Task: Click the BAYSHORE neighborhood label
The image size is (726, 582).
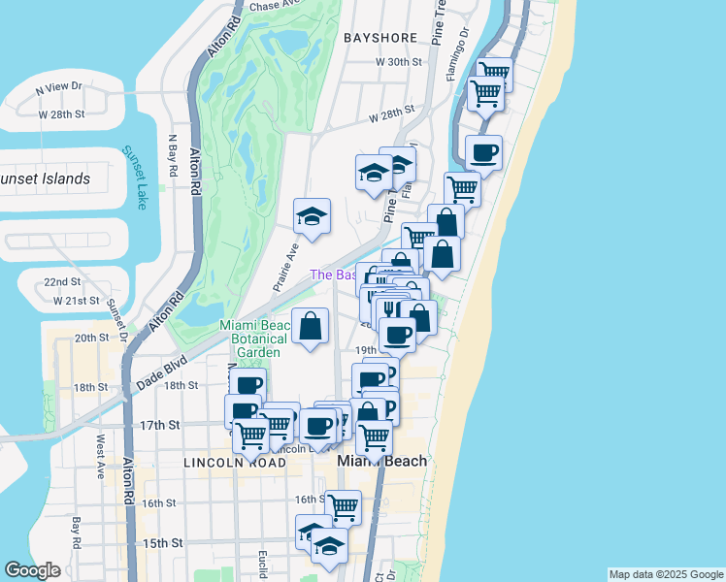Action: coord(380,38)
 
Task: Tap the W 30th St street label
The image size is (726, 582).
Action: coord(401,62)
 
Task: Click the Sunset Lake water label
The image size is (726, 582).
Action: coord(135,178)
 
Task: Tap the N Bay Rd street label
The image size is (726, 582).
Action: coord(173,154)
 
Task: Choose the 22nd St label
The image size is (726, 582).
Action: coord(62,282)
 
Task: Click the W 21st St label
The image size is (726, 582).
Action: coord(77,301)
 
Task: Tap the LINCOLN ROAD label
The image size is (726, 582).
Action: coord(234,464)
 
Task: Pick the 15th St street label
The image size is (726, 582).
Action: coord(158,542)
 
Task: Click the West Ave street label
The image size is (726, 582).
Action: coord(99,456)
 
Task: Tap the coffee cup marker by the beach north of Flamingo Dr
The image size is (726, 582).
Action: coord(483,152)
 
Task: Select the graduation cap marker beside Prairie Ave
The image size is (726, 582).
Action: coord(312,215)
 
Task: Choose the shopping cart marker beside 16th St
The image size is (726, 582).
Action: coord(343,506)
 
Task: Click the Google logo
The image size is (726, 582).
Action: coord(33,570)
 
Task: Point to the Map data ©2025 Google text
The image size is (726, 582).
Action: coord(666,574)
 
